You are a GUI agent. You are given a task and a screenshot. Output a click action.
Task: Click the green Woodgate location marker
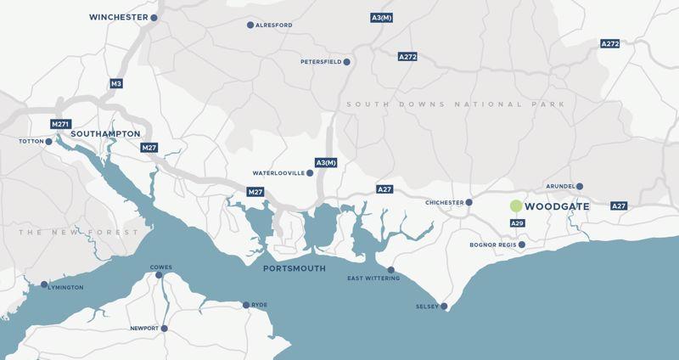tap(515, 206)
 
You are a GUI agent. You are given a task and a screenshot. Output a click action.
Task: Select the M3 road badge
tap(116, 83)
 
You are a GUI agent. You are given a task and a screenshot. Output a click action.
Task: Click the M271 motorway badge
tap(59, 124)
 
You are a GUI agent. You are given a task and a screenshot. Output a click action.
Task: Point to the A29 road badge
tap(517, 222)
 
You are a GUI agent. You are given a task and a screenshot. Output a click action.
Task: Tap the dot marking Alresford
tap(250, 25)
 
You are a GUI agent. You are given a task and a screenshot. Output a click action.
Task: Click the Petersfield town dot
tap(347, 62)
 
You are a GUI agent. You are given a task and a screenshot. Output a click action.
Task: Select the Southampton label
tap(105, 134)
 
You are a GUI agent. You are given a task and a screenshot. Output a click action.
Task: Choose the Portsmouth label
tap(295, 268)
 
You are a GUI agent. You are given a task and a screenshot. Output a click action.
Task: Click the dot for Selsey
tap(444, 307)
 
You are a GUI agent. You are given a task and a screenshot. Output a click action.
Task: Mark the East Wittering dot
tap(390, 270)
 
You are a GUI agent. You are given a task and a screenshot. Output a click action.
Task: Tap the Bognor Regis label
tap(491, 245)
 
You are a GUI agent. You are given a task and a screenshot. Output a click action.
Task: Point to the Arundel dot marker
tap(581, 187)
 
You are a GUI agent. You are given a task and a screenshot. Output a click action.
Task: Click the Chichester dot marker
tap(470, 203)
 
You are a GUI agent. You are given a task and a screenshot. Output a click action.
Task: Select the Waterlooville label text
tap(278, 173)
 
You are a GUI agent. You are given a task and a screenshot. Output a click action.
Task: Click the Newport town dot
tap(164, 328)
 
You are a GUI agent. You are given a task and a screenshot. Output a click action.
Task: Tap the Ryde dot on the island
tap(246, 305)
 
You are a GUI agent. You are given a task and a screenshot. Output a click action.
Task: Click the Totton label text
tap(31, 142)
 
